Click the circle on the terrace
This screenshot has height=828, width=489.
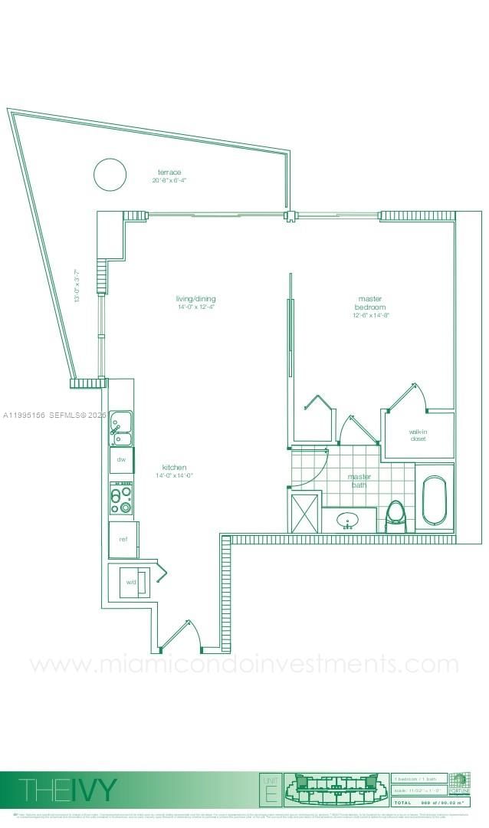pyautogui.click(x=110, y=174)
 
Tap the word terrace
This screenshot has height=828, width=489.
pyautogui.click(x=169, y=172)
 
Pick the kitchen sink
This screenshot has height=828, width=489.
pyautogui.click(x=120, y=427)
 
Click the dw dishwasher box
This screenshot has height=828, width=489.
pyautogui.click(x=121, y=459)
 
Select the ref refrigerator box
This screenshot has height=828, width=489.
pyautogui.click(x=123, y=539)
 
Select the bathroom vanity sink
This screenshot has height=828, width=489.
pyautogui.click(x=350, y=521)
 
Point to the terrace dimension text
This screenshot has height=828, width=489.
pyautogui.click(x=169, y=180)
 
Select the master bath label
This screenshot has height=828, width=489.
pyautogui.click(x=359, y=480)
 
